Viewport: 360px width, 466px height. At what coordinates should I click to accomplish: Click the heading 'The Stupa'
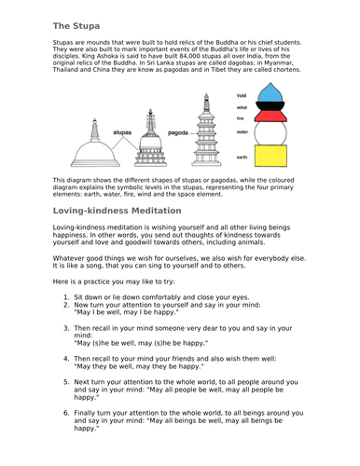coord(76,25)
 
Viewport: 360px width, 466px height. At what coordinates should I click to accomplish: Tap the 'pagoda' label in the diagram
coord(179,132)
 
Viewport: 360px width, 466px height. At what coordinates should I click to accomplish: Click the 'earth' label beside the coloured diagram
coord(242,158)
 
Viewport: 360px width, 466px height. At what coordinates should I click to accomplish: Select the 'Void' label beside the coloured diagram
coord(242,95)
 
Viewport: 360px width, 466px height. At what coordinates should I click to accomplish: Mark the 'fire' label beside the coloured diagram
coord(242,119)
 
